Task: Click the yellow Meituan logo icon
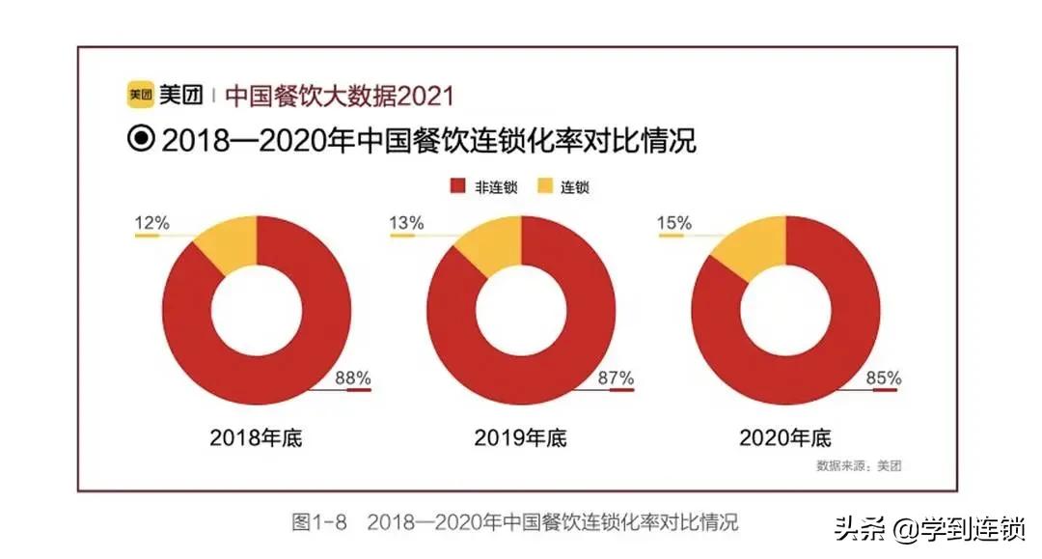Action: tap(139, 96)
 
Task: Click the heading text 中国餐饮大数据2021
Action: tap(339, 96)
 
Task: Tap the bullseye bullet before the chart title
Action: tap(141, 140)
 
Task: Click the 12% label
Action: tap(151, 223)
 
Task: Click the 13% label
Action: tap(406, 223)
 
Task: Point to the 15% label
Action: tap(674, 223)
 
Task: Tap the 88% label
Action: tap(352, 377)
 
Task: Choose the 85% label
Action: tap(883, 377)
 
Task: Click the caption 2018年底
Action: tap(256, 437)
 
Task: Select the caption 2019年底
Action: tap(521, 437)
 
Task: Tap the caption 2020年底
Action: tap(784, 437)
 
